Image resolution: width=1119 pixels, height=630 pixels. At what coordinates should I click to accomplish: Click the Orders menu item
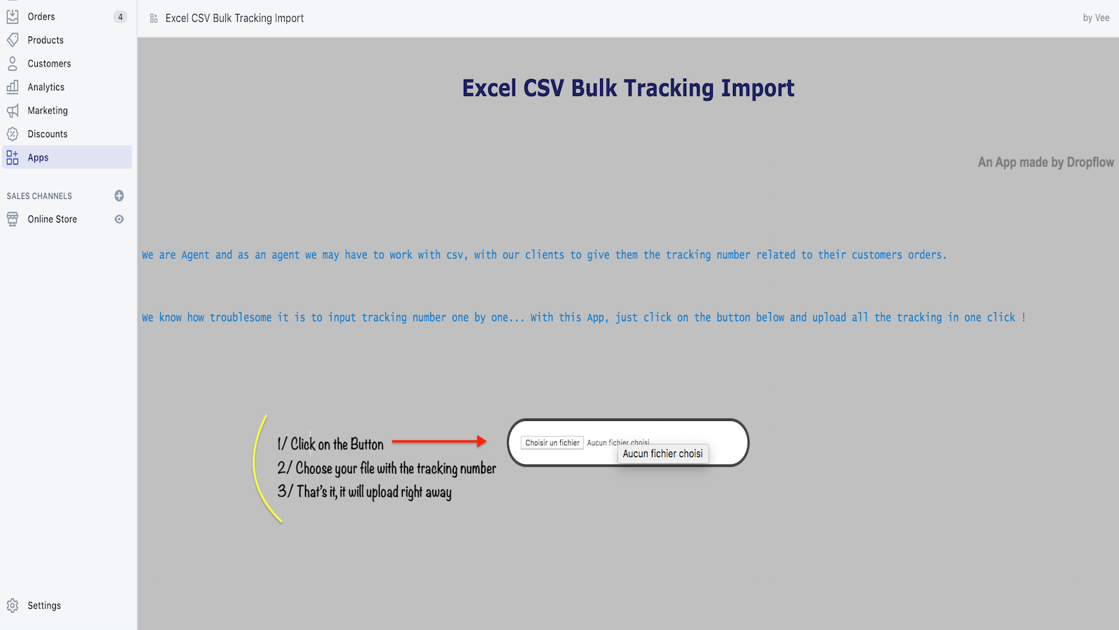pyautogui.click(x=41, y=17)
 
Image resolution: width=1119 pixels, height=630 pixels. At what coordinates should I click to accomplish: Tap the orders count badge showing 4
pyautogui.click(x=120, y=17)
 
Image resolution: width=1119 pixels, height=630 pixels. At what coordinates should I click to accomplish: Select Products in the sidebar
pyautogui.click(x=45, y=40)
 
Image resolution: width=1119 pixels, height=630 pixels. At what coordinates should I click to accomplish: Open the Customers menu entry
pyautogui.click(x=49, y=64)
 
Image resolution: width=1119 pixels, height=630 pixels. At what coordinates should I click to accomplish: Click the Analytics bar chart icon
pyautogui.click(x=13, y=87)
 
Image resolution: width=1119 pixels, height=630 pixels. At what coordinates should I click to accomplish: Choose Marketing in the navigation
pyautogui.click(x=48, y=111)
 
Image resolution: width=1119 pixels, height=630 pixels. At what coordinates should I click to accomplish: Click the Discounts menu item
pyautogui.click(x=48, y=134)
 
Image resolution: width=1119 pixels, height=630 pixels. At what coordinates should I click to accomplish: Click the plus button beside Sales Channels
pyautogui.click(x=119, y=195)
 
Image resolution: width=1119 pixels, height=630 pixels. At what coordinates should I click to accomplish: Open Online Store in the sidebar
pyautogui.click(x=52, y=219)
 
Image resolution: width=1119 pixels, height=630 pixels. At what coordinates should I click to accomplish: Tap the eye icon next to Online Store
pyautogui.click(x=119, y=219)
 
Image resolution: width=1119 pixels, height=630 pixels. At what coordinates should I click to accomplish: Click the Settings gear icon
pyautogui.click(x=13, y=605)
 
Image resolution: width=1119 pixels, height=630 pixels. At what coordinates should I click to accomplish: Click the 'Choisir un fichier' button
pyautogui.click(x=552, y=442)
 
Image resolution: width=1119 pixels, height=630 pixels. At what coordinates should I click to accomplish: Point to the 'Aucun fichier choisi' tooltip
pyautogui.click(x=663, y=454)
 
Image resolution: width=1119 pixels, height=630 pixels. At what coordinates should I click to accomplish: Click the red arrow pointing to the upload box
pyautogui.click(x=439, y=441)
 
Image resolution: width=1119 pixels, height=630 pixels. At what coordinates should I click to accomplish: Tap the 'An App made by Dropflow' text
pyautogui.click(x=1046, y=162)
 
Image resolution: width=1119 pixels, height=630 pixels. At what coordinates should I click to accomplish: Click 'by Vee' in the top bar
pyautogui.click(x=1096, y=18)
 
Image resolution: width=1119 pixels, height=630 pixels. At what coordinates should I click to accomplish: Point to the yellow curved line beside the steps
pyautogui.click(x=254, y=465)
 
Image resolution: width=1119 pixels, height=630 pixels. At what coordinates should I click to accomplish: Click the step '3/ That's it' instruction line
pyautogui.click(x=364, y=491)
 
